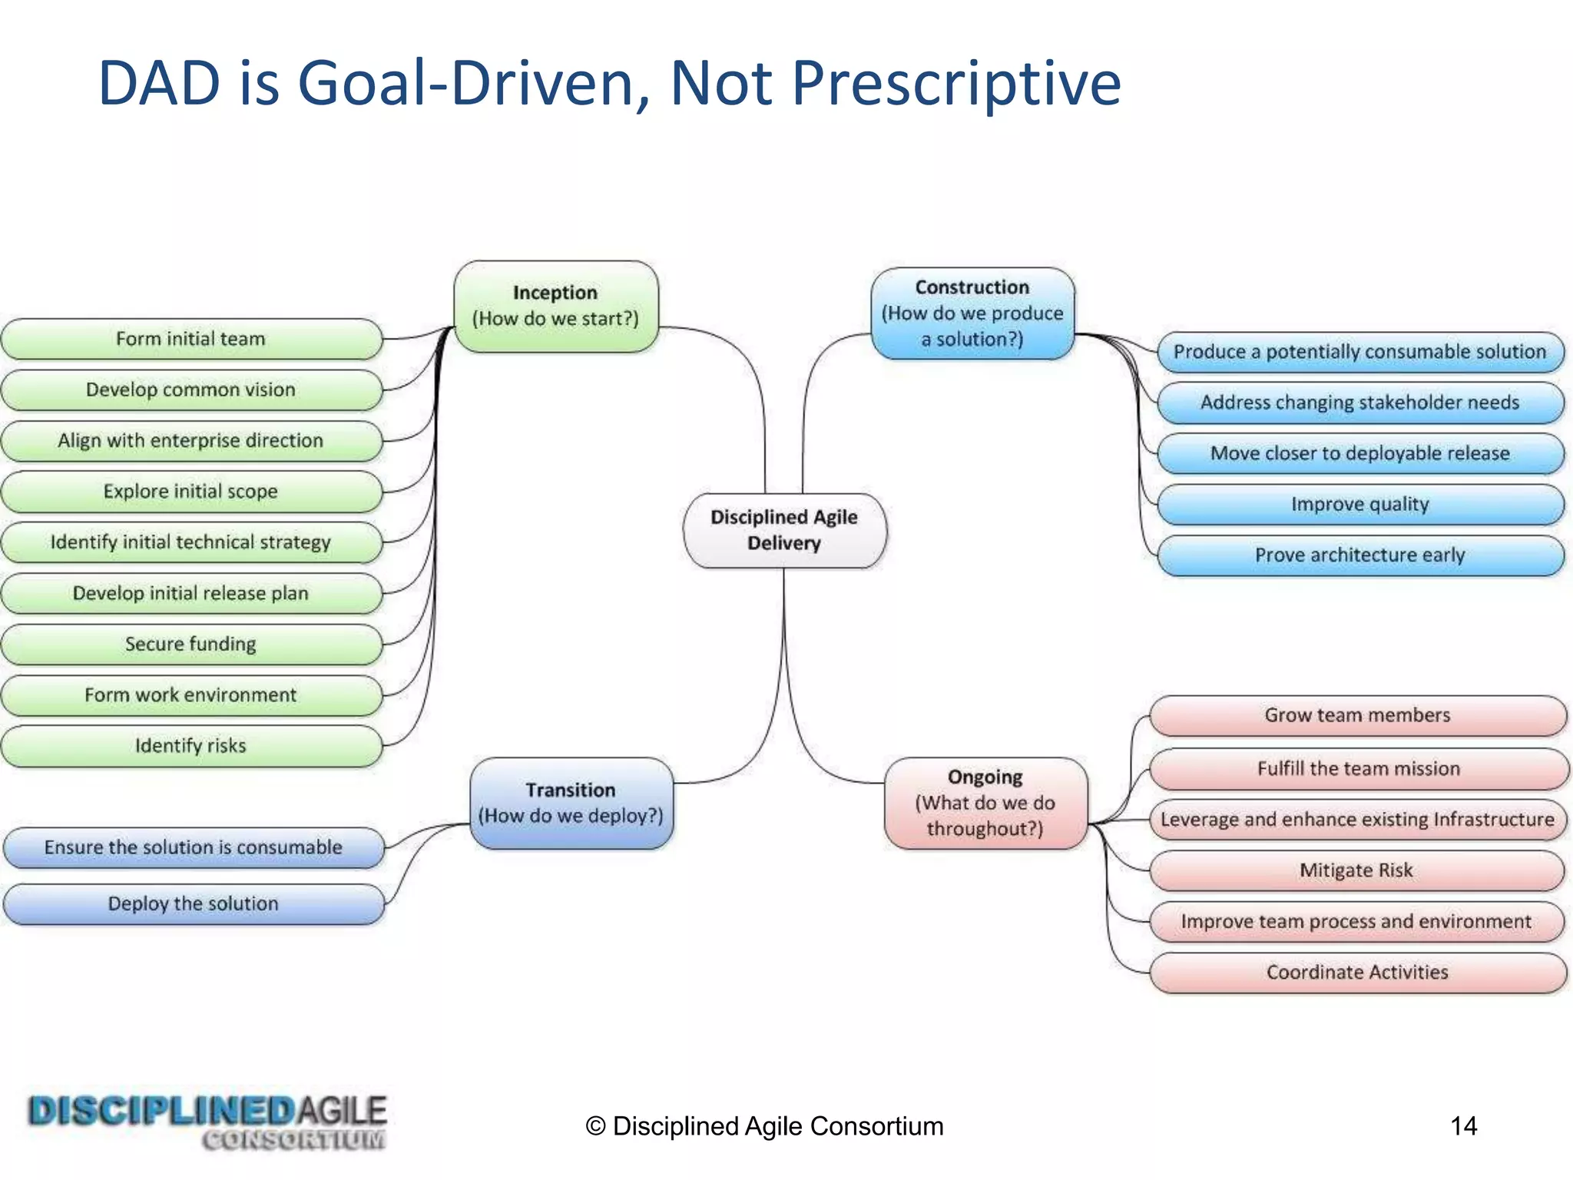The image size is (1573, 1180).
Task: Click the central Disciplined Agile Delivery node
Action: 784,530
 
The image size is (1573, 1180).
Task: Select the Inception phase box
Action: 555,306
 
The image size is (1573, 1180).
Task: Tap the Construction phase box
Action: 972,313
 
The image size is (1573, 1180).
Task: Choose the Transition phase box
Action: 571,803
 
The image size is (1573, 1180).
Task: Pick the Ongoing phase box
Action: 985,803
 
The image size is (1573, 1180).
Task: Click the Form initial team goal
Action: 190,339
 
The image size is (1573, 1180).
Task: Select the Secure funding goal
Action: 190,644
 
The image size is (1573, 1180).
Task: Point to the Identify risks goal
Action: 190,746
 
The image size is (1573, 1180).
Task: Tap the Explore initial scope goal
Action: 190,492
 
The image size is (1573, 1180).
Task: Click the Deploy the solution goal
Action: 193,904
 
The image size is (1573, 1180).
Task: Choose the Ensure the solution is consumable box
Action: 193,847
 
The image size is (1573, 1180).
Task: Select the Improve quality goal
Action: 1359,505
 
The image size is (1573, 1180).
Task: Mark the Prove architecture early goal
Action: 1359,555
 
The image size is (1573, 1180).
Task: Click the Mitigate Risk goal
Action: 1356,870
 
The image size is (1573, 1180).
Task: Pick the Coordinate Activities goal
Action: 1357,973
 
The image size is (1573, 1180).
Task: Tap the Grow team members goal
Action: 1357,715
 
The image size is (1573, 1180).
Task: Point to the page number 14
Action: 1463,1126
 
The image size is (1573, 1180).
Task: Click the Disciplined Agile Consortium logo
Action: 207,1122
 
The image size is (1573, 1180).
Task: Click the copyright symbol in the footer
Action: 595,1126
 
